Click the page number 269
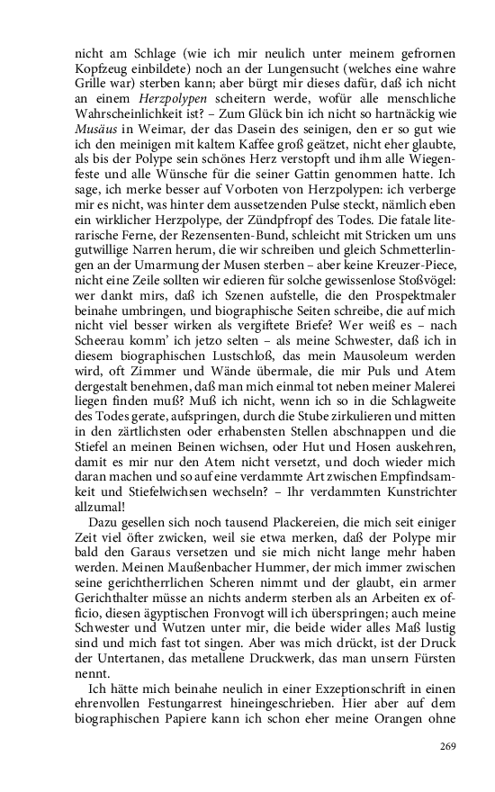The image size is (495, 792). [446, 746]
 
